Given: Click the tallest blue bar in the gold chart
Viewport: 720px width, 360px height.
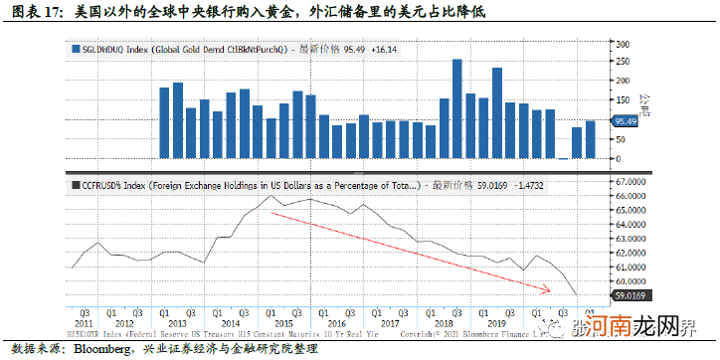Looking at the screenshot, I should pos(456,108).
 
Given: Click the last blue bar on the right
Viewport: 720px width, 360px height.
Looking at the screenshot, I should pos(590,139).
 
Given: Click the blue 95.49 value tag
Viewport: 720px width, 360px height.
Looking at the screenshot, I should pos(625,121).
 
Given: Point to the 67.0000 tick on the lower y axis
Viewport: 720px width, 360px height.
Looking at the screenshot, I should pos(632,183).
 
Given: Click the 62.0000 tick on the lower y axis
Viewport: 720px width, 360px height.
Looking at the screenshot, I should pos(632,253).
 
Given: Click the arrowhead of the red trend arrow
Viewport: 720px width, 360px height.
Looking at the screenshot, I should pos(548,290).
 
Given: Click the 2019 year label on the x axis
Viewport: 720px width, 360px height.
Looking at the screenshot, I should pos(495,322).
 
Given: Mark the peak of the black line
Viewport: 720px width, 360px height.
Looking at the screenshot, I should pos(273,196).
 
